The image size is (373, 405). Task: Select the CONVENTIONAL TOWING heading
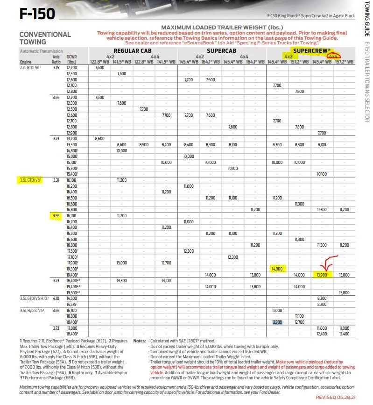pos(45,38)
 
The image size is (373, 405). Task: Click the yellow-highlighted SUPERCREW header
pos(311,50)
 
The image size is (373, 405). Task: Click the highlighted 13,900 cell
pos(322,275)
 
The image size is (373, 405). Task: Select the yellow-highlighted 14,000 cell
pos(277,268)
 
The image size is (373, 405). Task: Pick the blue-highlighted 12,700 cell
pos(277,322)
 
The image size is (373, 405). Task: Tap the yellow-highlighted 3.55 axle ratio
pos(56,216)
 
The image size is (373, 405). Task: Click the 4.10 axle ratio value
pos(56,298)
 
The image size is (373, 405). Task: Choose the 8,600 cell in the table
pos(99,139)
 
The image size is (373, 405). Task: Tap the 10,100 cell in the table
pos(322,174)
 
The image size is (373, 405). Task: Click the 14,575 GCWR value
pos(72,304)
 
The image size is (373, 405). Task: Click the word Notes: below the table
pos(140,341)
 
